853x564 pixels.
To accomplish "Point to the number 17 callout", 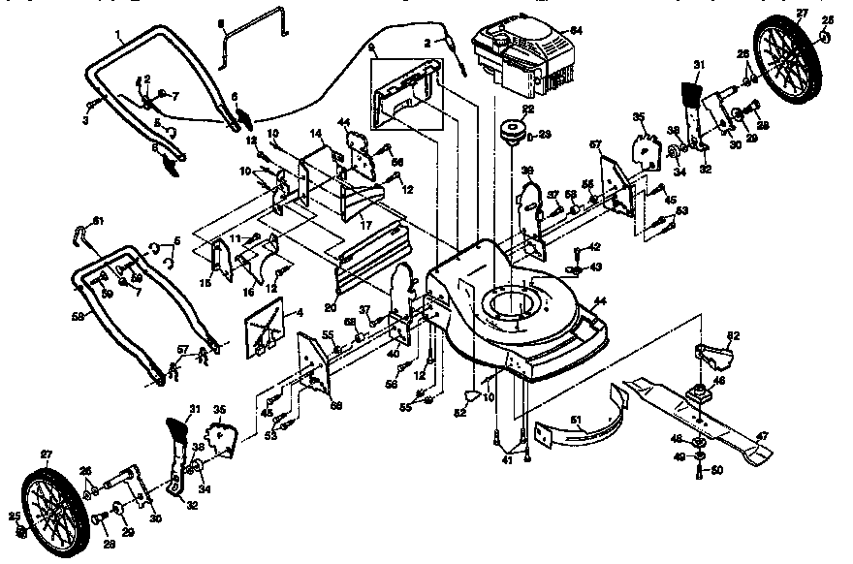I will (367, 224).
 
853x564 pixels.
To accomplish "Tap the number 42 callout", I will (595, 247).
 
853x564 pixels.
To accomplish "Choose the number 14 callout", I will (316, 132).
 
